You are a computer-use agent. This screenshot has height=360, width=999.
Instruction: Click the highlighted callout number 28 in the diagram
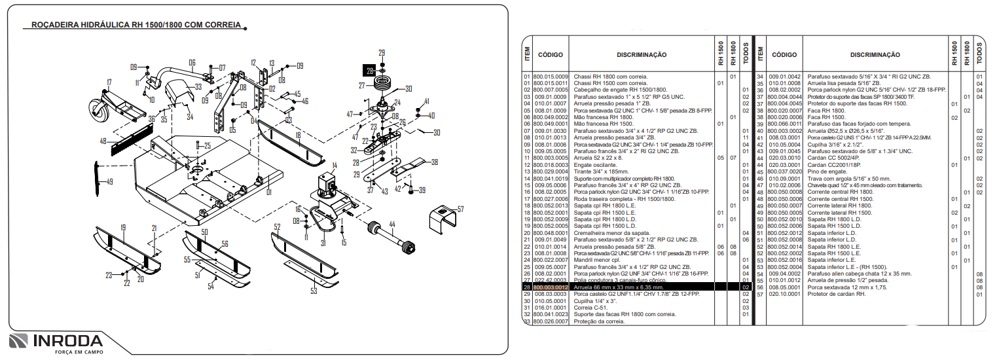371,70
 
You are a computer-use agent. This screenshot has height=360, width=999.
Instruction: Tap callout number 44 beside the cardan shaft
392,224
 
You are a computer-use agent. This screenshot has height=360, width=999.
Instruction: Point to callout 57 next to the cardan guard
460,209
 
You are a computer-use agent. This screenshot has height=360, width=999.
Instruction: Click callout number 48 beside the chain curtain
103,141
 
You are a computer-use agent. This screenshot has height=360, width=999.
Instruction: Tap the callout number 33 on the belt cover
198,86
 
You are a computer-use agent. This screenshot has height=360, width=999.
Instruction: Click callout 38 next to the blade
435,162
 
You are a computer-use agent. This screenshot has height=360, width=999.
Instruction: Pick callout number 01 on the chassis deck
268,192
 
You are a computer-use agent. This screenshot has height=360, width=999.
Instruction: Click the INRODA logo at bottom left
56,342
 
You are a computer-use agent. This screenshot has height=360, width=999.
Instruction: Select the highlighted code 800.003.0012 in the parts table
551,287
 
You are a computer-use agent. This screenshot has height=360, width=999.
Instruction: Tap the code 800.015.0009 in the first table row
551,77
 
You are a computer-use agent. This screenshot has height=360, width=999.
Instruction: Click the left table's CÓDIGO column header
550,55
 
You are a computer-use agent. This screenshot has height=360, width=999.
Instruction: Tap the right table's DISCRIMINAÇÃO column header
875,55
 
